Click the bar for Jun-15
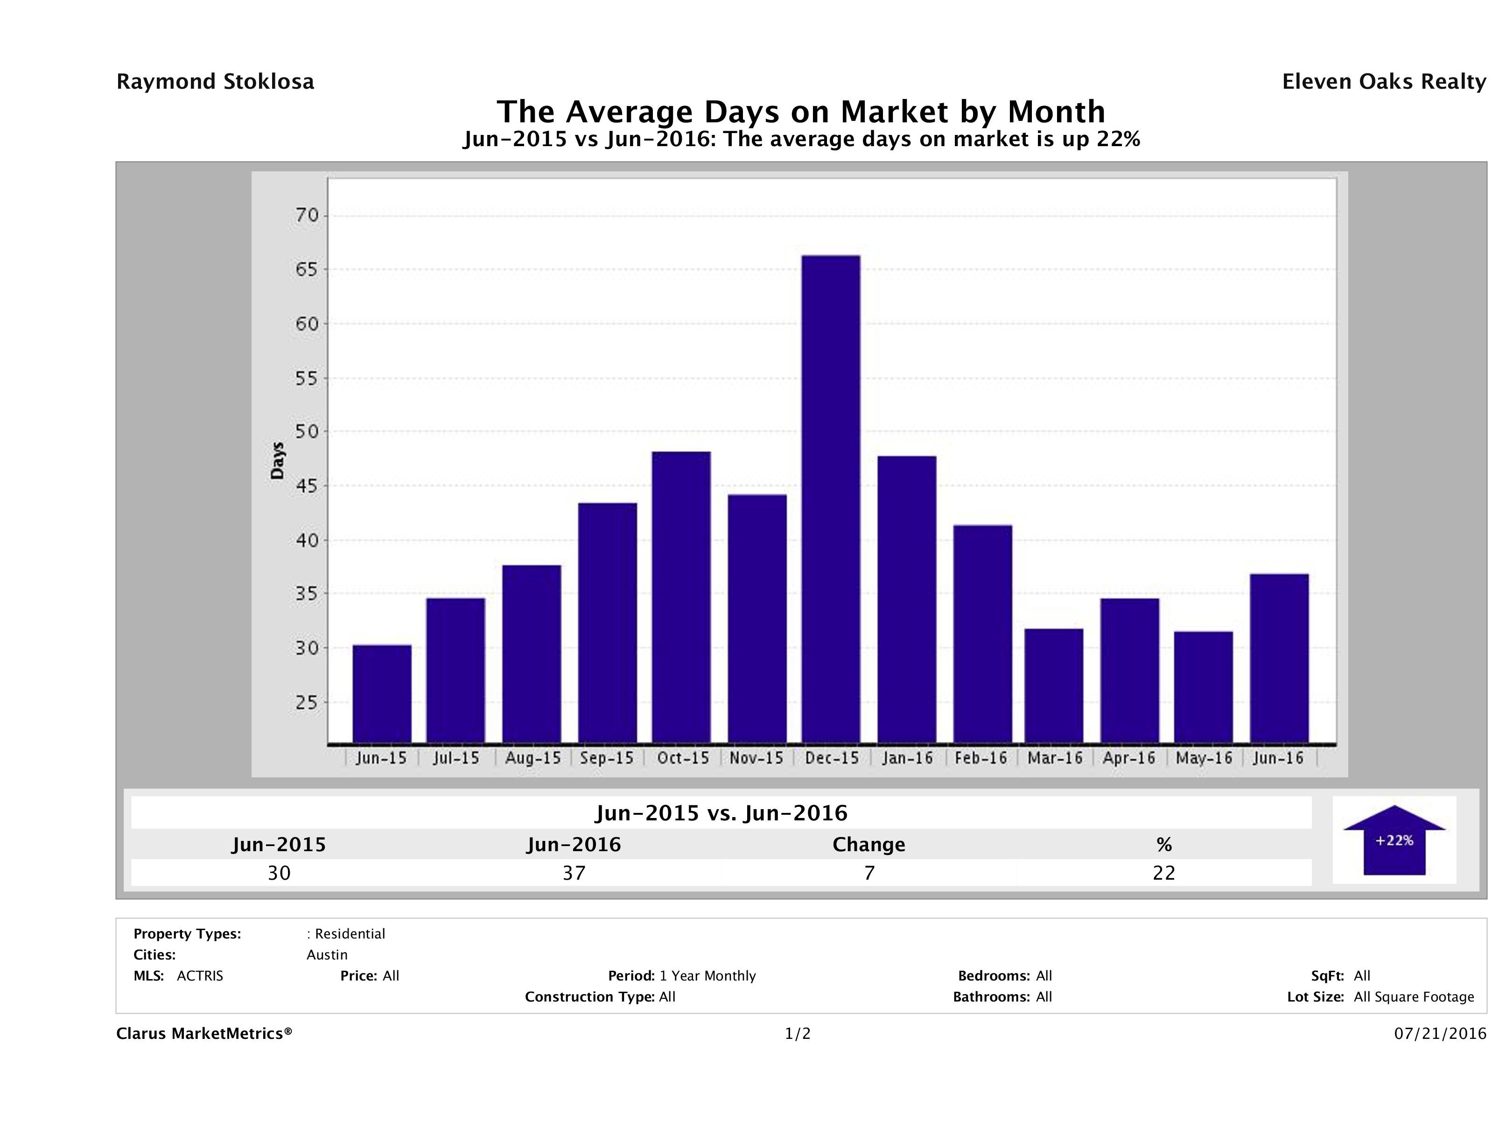[382, 693]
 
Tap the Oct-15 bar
[681, 597]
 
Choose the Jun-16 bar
[1279, 658]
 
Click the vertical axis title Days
[277, 460]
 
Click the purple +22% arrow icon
[1394, 840]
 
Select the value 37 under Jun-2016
[574, 873]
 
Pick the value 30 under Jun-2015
[279, 873]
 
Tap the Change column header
[869, 845]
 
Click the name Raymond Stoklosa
[215, 82]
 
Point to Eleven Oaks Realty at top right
[1383, 82]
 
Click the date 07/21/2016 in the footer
[1440, 1033]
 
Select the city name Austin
[327, 955]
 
